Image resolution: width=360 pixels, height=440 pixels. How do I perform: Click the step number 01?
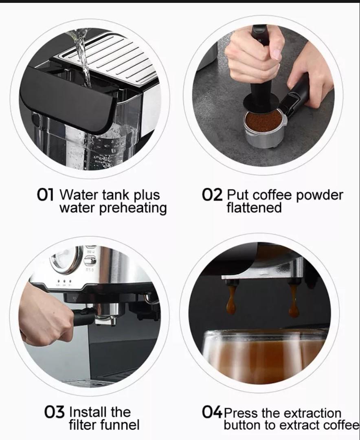tap(45, 195)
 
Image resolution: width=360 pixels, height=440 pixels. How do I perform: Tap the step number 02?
tap(212, 195)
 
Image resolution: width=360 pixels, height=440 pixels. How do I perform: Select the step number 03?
tap(54, 412)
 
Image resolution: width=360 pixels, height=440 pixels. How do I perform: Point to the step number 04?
tap(212, 412)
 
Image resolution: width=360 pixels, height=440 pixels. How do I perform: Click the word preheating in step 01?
tap(133, 208)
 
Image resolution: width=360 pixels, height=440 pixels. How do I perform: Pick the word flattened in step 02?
tap(254, 208)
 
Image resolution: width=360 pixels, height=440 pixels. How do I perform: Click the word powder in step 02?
tap(320, 195)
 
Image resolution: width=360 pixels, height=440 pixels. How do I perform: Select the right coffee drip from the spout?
tap(293, 301)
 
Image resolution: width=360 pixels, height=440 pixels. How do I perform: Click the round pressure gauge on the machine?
tap(65, 259)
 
